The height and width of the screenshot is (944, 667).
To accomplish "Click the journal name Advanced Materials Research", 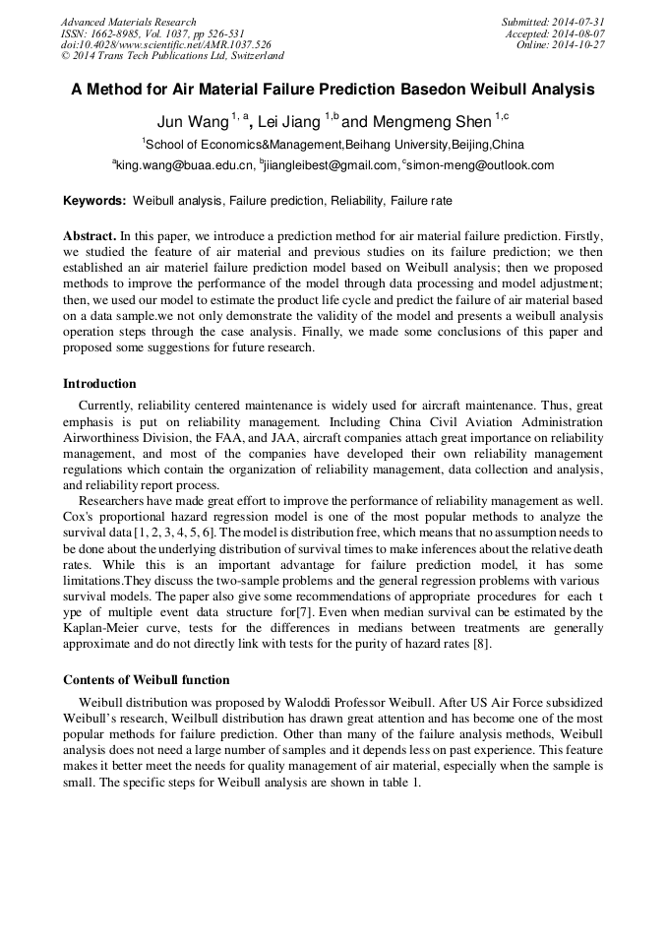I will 128,22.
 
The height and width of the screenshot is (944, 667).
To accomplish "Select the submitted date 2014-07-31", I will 579,22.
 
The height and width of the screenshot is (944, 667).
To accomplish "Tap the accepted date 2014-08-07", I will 579,33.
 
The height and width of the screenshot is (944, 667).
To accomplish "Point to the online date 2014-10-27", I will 579,45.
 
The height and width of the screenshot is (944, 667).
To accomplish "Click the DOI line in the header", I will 165,45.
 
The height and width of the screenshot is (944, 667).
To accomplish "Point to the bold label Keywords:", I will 94,201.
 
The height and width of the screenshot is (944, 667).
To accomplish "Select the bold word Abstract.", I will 90,237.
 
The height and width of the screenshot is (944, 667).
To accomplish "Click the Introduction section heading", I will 99,383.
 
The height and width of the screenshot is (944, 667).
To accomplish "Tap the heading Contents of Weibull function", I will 147,679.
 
